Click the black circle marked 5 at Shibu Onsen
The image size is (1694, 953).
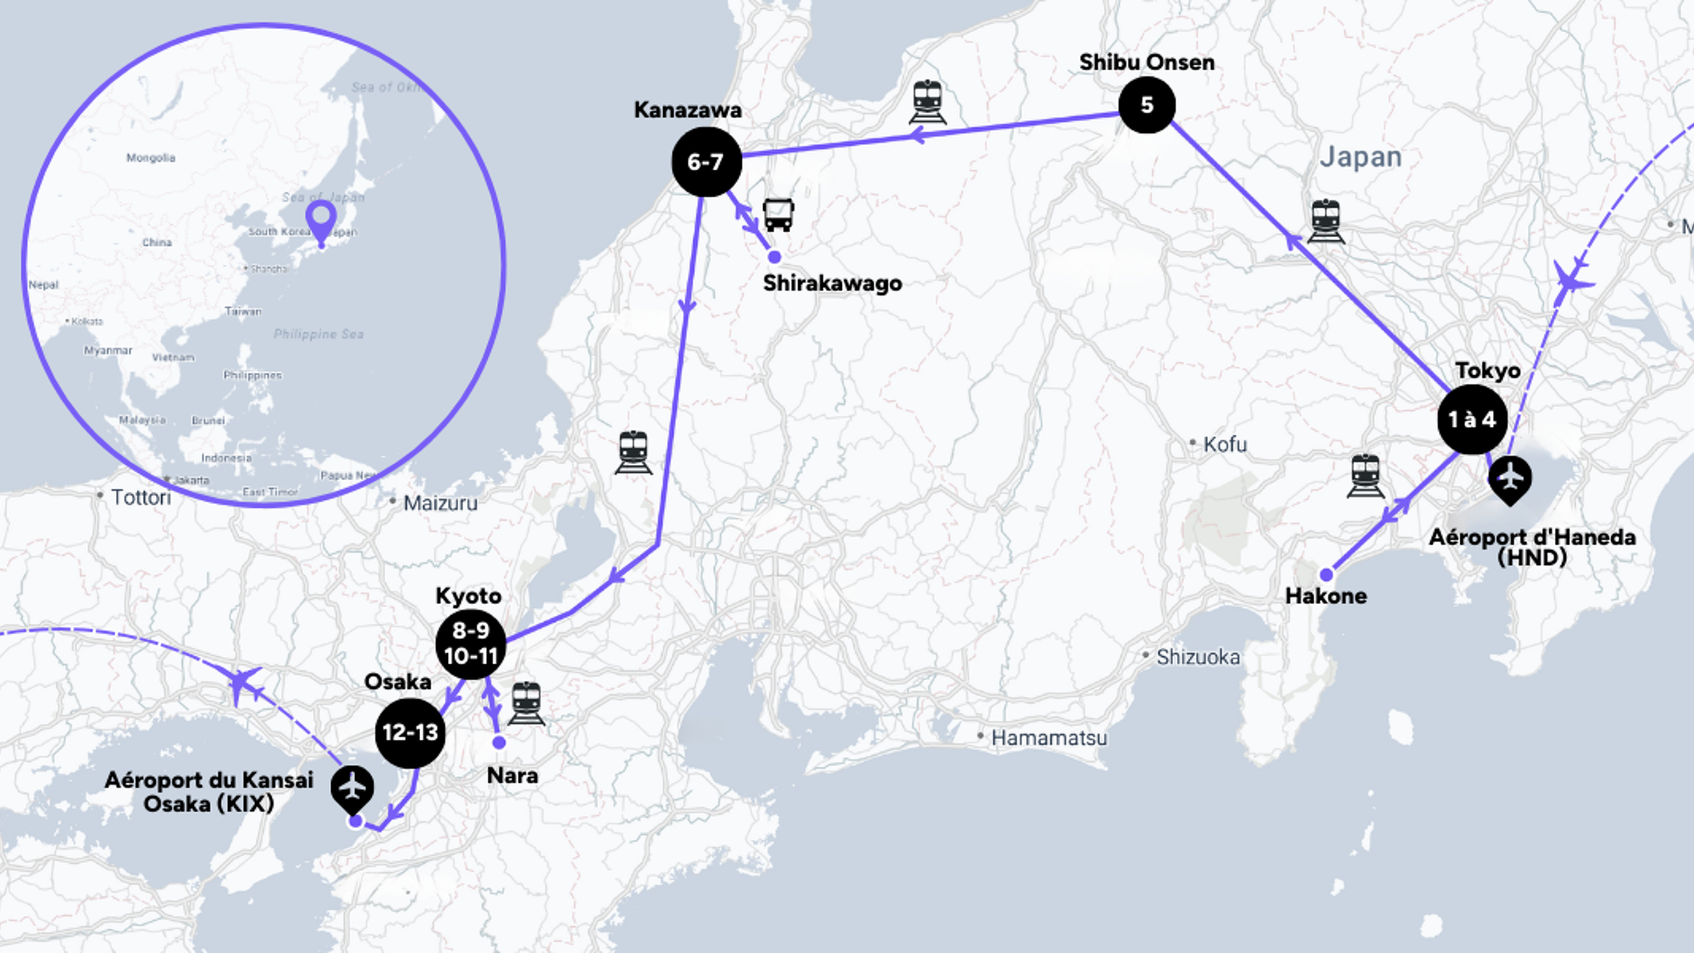[1146, 105]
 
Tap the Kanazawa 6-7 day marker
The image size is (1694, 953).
[706, 162]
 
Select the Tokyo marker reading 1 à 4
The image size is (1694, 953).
[1472, 419]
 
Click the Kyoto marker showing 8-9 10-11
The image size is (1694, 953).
[471, 644]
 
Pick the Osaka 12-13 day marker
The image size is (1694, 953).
[410, 733]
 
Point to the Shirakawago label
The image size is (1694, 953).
[832, 283]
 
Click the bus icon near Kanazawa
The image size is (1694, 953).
[778, 214]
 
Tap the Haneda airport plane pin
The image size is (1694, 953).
[1510, 479]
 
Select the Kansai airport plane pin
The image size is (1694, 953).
[352, 788]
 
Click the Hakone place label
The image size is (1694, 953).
[1326, 596]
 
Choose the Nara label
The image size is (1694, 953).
[512, 775]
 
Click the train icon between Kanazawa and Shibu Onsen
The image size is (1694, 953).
[927, 102]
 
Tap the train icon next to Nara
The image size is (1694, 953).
[526, 703]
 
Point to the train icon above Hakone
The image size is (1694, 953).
[1365, 475]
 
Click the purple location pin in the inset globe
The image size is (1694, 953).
[321, 219]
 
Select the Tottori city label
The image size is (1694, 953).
[141, 497]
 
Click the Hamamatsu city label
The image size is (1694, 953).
[1049, 738]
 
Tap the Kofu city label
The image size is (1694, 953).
[1225, 444]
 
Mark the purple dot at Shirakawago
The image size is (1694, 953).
[774, 257]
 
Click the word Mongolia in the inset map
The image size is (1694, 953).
[151, 158]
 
